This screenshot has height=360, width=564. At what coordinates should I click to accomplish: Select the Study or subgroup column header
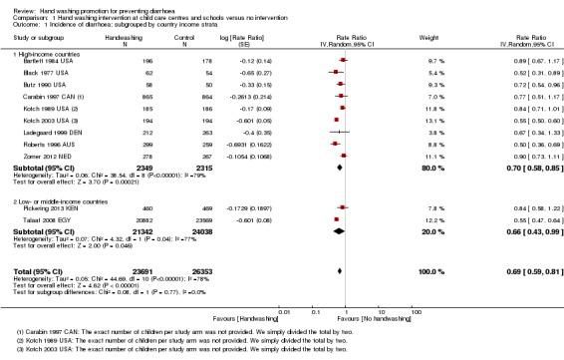tap(38, 40)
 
